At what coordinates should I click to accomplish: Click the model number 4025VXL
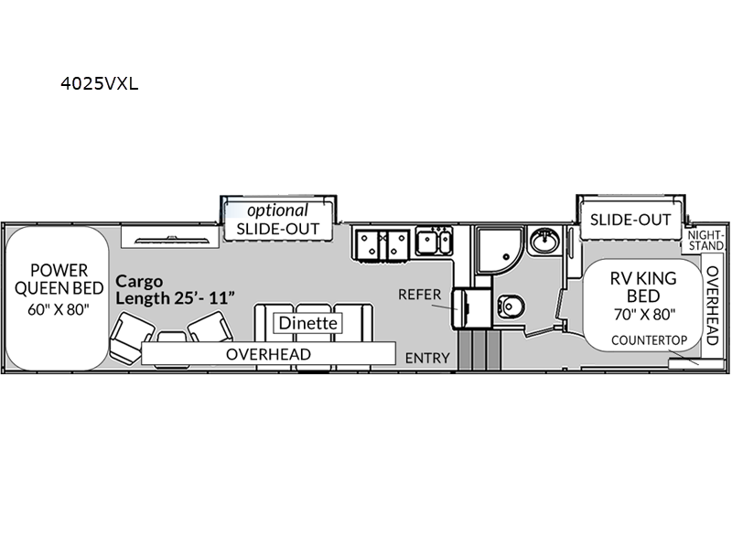[100, 83]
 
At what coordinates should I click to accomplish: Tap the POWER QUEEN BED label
[59, 279]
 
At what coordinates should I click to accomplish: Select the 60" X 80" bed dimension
[59, 309]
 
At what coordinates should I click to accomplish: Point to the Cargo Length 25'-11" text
[175, 289]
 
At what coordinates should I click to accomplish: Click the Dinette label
[307, 323]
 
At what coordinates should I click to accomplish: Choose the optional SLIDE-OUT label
[278, 220]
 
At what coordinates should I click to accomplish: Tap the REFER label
[419, 295]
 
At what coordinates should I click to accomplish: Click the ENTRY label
[427, 358]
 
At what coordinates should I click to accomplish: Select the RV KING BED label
[643, 287]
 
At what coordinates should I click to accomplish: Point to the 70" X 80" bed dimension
[644, 315]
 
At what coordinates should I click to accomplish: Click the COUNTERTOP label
[650, 340]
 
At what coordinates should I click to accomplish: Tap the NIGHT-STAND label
[705, 241]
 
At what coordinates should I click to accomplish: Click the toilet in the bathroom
[511, 307]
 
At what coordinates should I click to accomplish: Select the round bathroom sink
[544, 241]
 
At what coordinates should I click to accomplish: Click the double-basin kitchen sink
[434, 242]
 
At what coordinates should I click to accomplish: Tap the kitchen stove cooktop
[382, 244]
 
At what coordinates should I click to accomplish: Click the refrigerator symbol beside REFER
[470, 308]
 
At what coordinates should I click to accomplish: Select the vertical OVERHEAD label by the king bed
[713, 306]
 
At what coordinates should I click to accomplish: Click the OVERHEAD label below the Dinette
[268, 354]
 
